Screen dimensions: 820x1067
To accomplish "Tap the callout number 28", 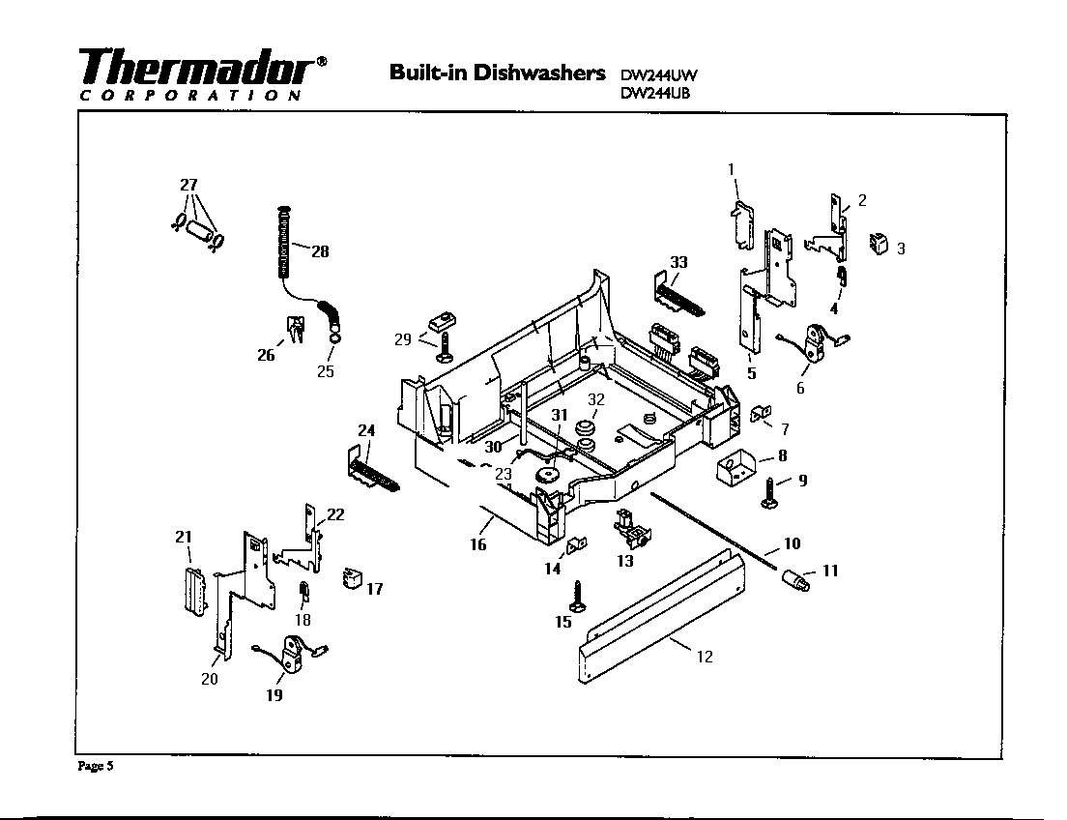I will click(318, 251).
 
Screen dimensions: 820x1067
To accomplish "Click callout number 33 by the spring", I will click(678, 262).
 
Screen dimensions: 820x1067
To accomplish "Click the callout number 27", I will click(189, 185).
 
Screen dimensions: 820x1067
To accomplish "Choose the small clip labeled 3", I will click(878, 244).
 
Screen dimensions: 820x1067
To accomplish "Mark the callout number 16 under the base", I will click(478, 544).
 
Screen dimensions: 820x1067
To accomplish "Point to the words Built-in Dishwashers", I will click(497, 73).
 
